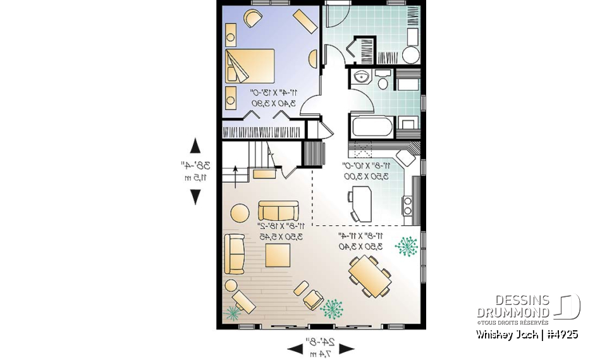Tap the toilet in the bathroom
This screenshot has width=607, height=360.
tap(383, 83)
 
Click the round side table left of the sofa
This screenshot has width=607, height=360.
tap(240, 212)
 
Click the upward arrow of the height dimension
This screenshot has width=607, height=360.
tap(195, 145)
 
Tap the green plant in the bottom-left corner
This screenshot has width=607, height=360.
tap(235, 311)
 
